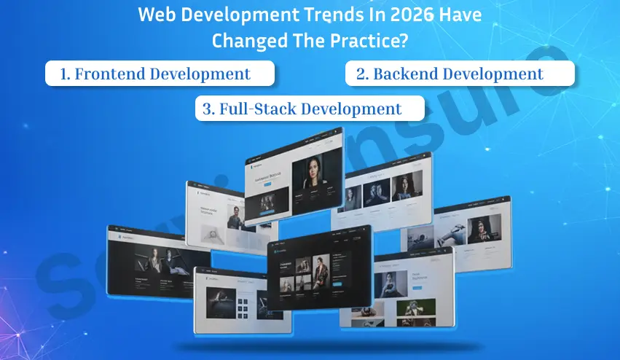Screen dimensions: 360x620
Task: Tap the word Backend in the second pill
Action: (406, 74)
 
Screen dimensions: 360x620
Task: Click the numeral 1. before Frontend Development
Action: (65, 74)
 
